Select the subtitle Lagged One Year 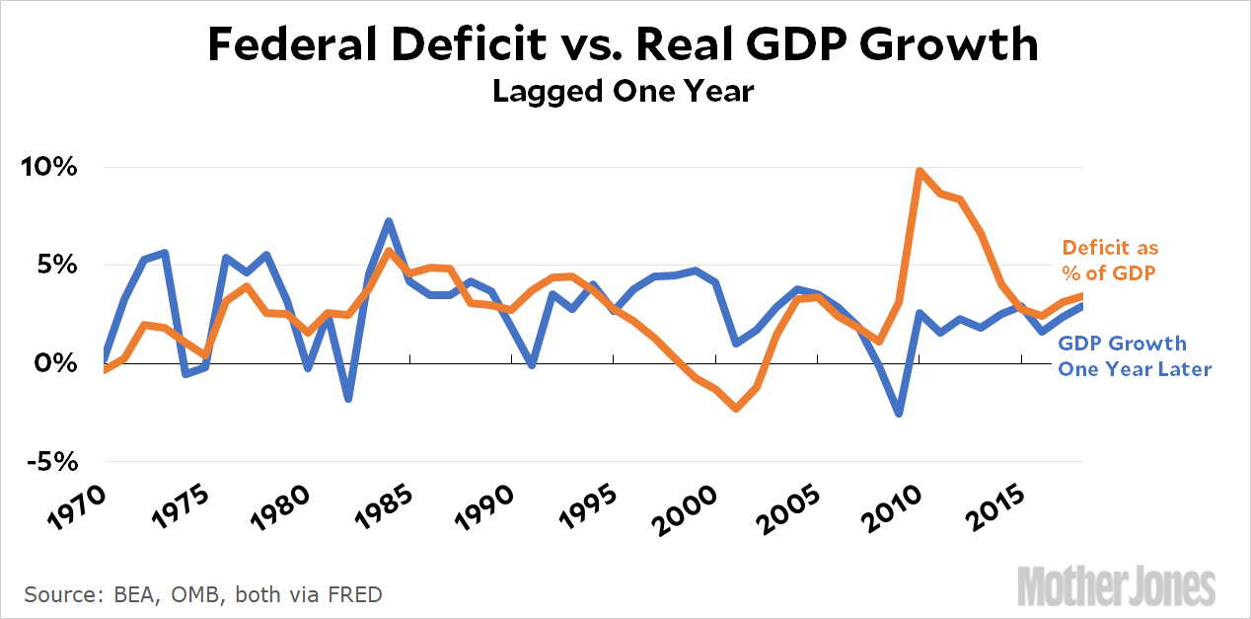click(x=624, y=92)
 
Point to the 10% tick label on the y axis click(x=50, y=167)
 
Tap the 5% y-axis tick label click(x=56, y=265)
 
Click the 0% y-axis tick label click(x=56, y=363)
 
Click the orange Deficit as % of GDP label click(x=1110, y=261)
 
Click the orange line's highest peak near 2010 click(x=920, y=172)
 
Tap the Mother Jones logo click(x=1116, y=585)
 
